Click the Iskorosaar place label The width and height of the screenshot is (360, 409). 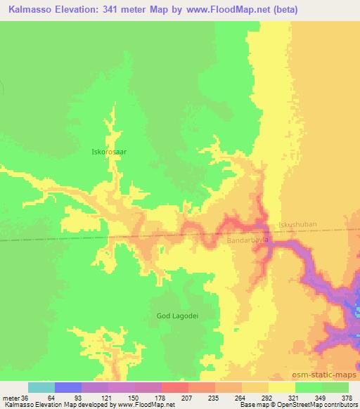109,150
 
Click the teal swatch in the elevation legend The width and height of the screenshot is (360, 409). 41,387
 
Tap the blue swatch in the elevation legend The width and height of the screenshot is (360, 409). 68,387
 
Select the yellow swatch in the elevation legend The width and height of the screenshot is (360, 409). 282,387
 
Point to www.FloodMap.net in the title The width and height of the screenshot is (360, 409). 231,9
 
